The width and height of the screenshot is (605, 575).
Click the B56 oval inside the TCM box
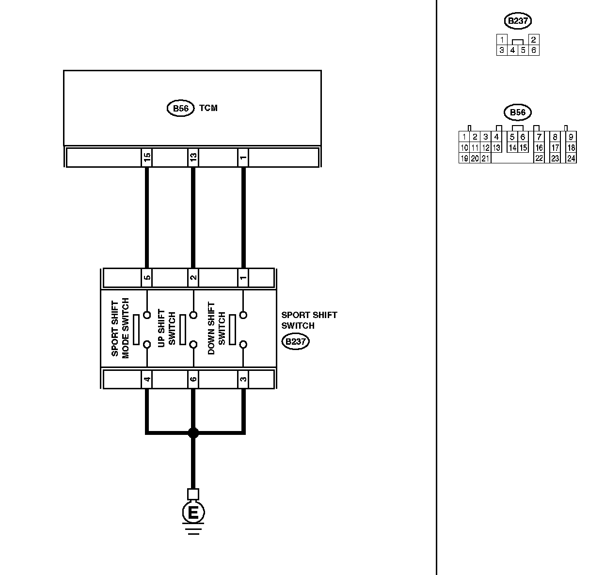point(180,108)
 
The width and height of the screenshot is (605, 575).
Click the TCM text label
point(208,108)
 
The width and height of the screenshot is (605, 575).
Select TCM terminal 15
point(147,157)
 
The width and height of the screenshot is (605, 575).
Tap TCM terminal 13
point(193,157)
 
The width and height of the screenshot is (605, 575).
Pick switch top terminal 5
point(147,278)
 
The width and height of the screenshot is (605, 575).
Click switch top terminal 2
point(193,278)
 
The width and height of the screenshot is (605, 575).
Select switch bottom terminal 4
point(147,379)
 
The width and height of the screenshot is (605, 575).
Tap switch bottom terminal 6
point(193,379)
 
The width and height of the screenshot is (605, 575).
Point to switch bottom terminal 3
point(243,379)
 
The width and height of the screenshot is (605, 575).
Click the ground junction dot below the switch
point(193,432)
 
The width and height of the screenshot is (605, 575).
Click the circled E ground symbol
point(193,512)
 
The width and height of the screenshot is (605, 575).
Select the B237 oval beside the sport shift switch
point(295,342)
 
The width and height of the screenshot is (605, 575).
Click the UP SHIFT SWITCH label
point(167,328)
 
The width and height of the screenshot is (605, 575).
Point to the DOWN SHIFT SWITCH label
point(216,328)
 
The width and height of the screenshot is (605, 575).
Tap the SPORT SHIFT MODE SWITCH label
point(121,328)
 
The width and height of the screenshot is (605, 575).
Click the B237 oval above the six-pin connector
point(518,21)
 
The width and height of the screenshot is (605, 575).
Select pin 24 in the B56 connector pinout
point(571,158)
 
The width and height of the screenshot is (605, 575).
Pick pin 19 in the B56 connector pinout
point(464,158)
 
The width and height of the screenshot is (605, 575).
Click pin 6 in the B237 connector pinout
point(534,50)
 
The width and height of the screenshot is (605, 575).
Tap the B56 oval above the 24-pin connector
point(518,112)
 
